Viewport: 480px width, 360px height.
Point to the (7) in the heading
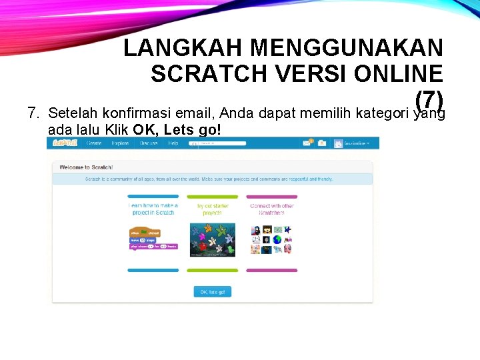pyautogui.click(x=429, y=99)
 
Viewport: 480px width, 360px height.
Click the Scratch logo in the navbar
pyautogui.click(x=65, y=143)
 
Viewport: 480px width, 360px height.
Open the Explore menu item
pyautogui.click(x=121, y=143)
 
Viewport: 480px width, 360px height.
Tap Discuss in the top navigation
pyautogui.click(x=149, y=143)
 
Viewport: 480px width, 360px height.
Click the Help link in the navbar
pyautogui.click(x=173, y=143)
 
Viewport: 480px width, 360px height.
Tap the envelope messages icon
pyautogui.click(x=308, y=143)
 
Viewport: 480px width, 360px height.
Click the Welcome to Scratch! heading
pyautogui.click(x=86, y=167)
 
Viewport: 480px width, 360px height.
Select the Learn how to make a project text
pyautogui.click(x=153, y=209)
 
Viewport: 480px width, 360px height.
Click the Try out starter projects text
pyautogui.click(x=213, y=209)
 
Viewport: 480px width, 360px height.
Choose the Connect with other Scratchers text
pyautogui.click(x=271, y=209)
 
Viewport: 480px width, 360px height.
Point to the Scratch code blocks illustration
pyautogui.click(x=153, y=239)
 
